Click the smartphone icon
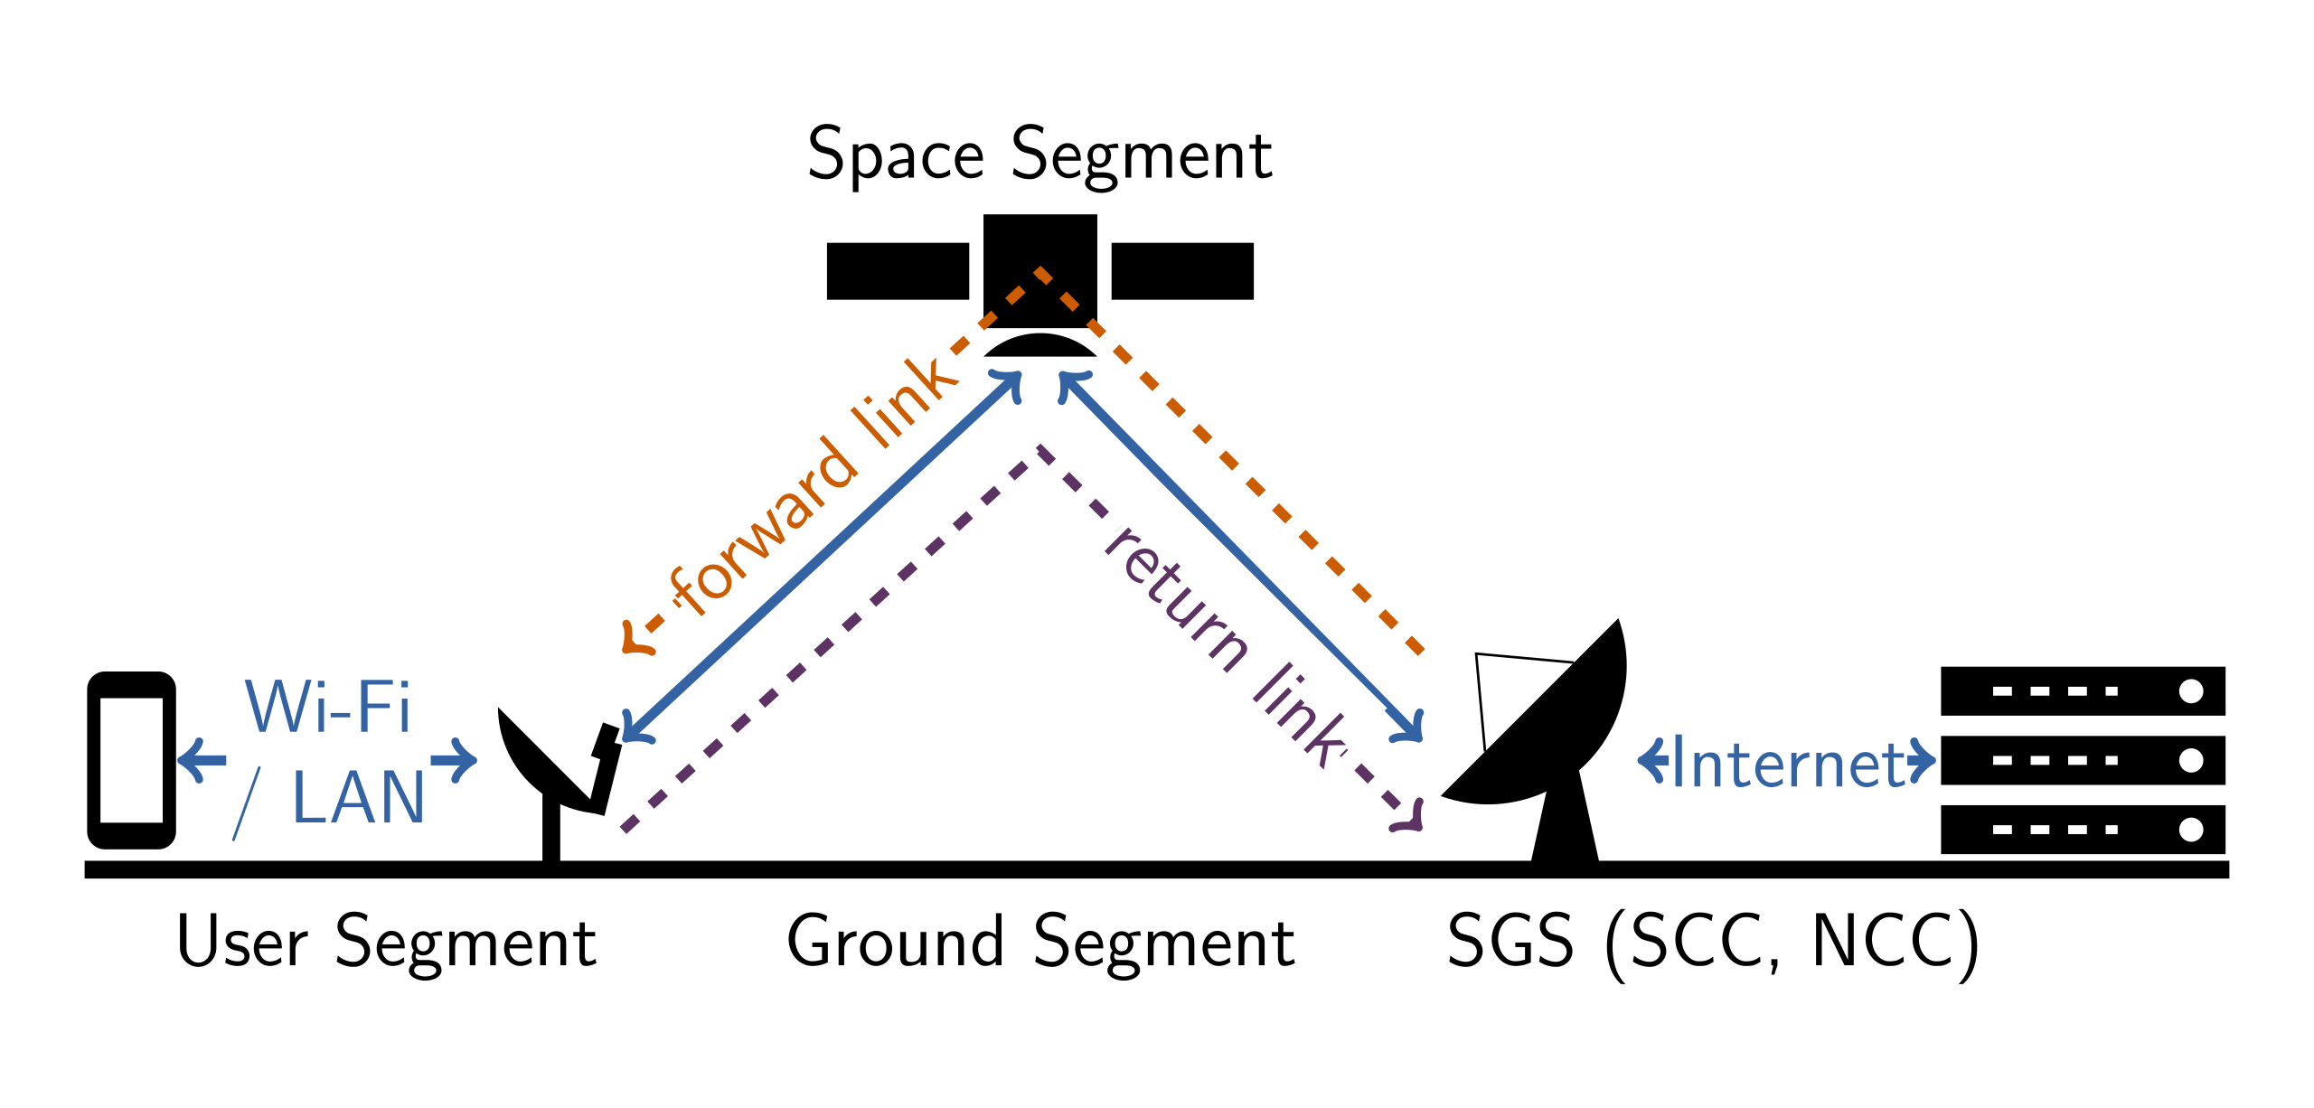(x=131, y=760)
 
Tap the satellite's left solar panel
(x=898, y=271)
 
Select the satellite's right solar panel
(x=1181, y=271)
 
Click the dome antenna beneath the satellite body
(x=1039, y=346)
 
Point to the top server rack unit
(x=2082, y=691)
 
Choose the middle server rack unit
(x=2082, y=760)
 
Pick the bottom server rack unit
(x=2082, y=829)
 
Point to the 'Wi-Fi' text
(x=327, y=707)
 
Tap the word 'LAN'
(x=358, y=798)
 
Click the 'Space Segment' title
(x=1039, y=155)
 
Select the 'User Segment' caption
(x=387, y=943)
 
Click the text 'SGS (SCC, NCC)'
(x=1713, y=943)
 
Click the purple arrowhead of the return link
(x=1410, y=815)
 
